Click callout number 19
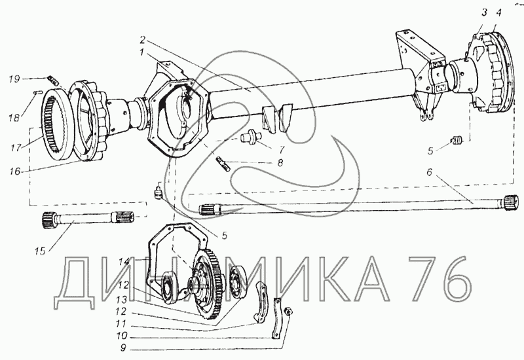(14, 79)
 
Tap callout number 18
(14, 118)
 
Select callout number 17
(16, 147)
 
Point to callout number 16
(15, 171)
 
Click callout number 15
(40, 251)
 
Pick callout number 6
(430, 172)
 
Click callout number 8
(280, 162)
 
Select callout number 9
(123, 348)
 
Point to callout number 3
(484, 12)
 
